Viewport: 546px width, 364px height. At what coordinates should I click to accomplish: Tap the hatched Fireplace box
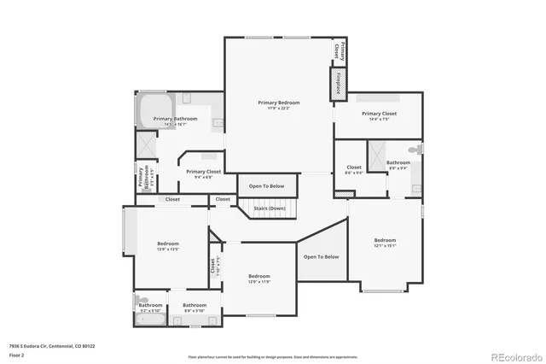pos(337,85)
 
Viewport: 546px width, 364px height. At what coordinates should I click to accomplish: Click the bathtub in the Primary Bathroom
pos(151,109)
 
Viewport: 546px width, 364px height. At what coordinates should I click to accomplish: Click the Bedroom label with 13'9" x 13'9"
pos(167,246)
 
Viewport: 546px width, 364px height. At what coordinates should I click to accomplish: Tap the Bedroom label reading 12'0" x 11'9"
pos(259,279)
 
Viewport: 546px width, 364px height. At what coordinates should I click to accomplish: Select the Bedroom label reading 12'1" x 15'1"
pos(385,243)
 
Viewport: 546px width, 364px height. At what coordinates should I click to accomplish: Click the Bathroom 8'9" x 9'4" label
pos(398,164)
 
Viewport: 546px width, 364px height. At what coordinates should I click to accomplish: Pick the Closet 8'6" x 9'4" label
pos(354,169)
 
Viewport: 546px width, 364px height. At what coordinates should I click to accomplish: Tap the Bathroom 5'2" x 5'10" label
pos(151,307)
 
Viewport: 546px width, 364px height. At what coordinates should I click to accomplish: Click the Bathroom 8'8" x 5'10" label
pos(195,307)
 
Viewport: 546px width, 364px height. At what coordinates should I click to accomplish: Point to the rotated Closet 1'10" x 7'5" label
pos(215,265)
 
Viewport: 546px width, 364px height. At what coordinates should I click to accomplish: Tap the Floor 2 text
pos(16,355)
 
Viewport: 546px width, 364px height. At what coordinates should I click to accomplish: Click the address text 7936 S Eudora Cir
pos(52,346)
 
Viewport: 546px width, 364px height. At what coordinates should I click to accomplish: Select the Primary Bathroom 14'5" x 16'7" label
pos(176,121)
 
